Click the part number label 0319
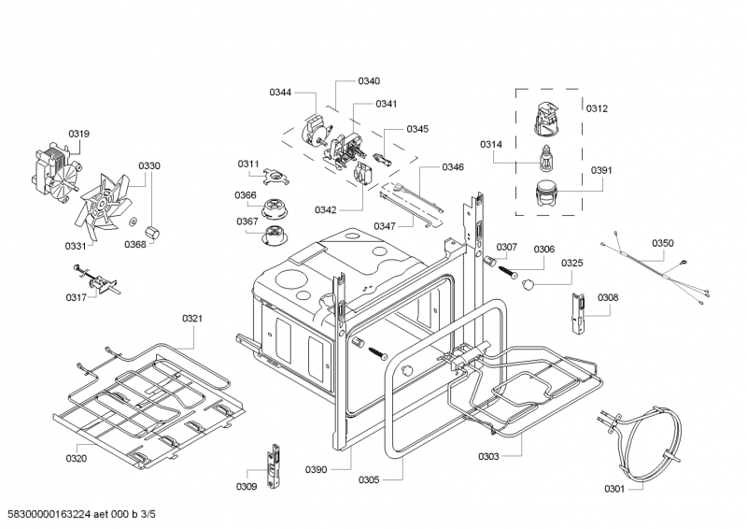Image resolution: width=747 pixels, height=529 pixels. pos(78,134)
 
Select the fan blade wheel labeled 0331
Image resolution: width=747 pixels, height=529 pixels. pos(108,207)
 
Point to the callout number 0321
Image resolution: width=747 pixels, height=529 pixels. pos(192,319)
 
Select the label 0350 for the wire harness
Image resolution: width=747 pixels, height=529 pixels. pos(662,243)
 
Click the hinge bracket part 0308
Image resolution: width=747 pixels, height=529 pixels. pos(578,316)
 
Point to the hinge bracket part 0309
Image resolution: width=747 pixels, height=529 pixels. pos(274,465)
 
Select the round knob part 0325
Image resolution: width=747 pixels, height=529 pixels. pos(530,280)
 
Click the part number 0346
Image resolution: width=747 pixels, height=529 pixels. pos(453,167)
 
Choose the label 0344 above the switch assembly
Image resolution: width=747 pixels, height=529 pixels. pos(280,92)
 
